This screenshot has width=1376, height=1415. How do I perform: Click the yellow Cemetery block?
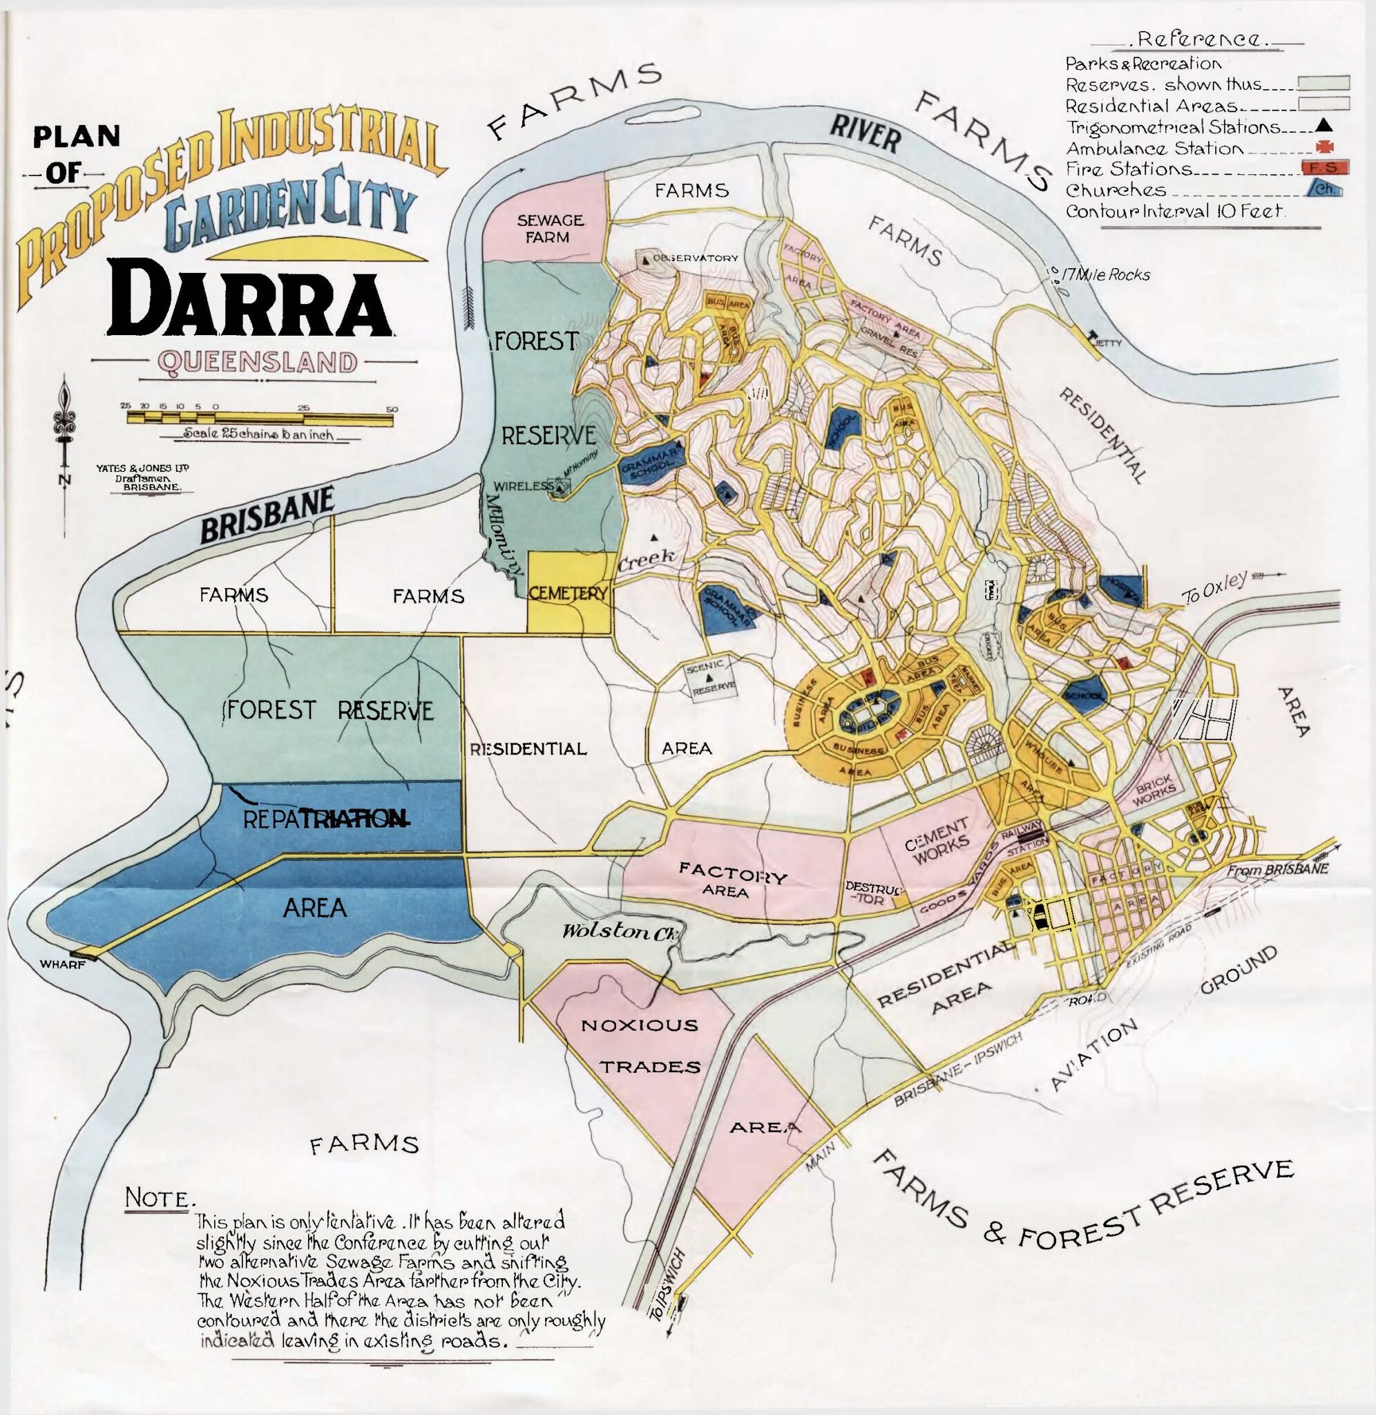(568, 593)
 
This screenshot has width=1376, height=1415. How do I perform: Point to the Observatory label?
(694, 258)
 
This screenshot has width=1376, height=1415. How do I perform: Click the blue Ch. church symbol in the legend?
(1325, 190)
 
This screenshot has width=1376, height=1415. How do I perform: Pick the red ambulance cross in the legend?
(1326, 147)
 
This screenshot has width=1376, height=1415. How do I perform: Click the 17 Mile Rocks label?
(1104, 274)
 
